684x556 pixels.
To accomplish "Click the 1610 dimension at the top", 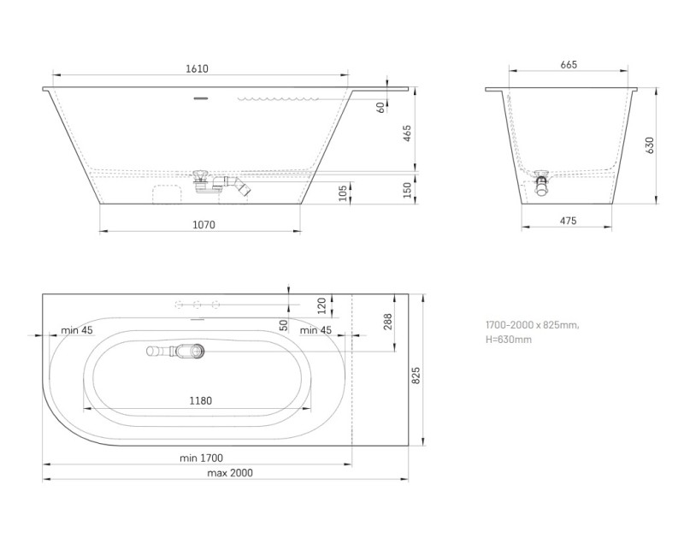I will (x=196, y=69).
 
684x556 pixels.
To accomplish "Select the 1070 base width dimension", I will (x=203, y=225).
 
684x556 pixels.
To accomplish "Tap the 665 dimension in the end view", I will (x=568, y=65).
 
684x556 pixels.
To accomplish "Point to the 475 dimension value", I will (x=568, y=221).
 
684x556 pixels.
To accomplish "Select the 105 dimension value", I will (x=343, y=192).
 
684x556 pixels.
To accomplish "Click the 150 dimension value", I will (x=408, y=188).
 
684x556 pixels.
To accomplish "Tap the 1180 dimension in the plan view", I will (x=200, y=400).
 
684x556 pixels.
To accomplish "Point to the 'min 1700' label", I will (x=201, y=458).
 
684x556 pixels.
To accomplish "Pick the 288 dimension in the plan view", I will (x=387, y=322).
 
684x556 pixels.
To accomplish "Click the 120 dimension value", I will (x=321, y=305).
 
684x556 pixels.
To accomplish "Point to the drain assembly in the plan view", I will (x=177, y=350).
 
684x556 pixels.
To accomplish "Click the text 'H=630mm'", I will (x=508, y=340).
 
